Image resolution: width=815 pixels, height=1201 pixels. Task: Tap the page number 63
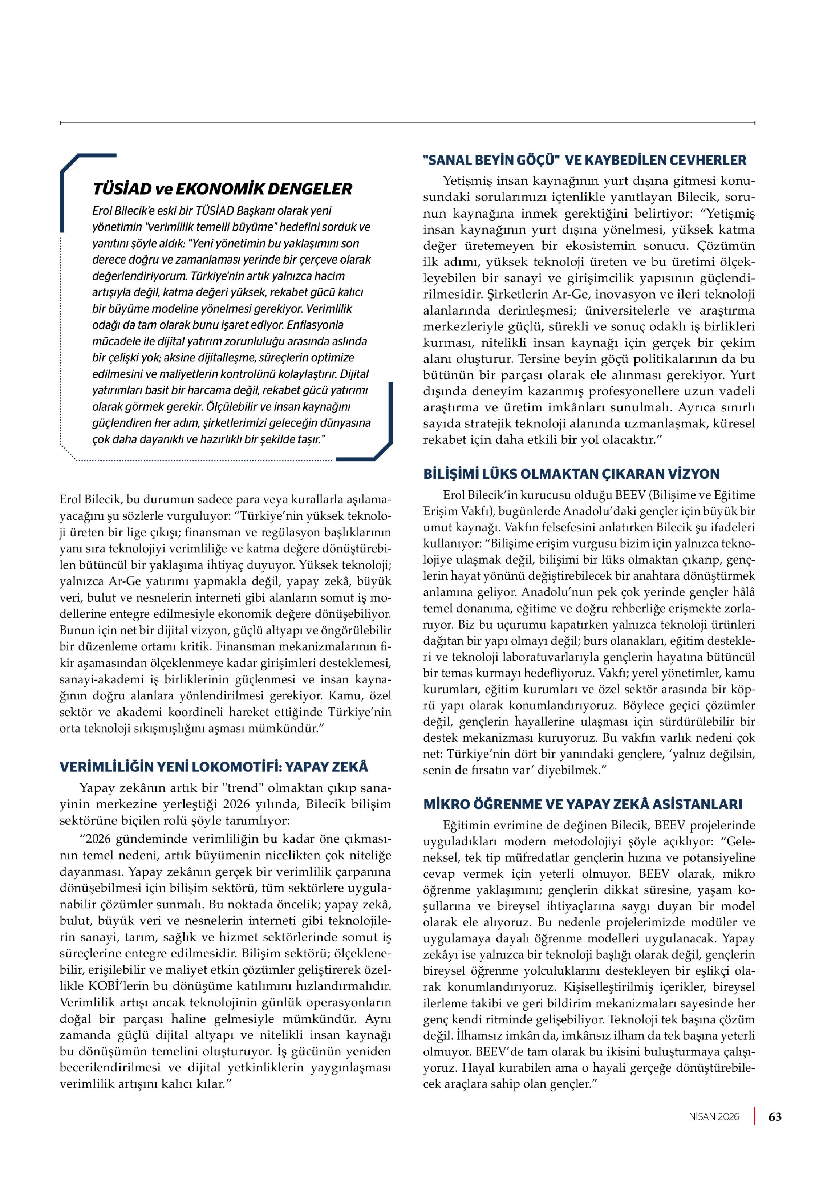tap(775, 1116)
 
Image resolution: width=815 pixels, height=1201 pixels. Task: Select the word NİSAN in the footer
tap(704, 1117)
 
